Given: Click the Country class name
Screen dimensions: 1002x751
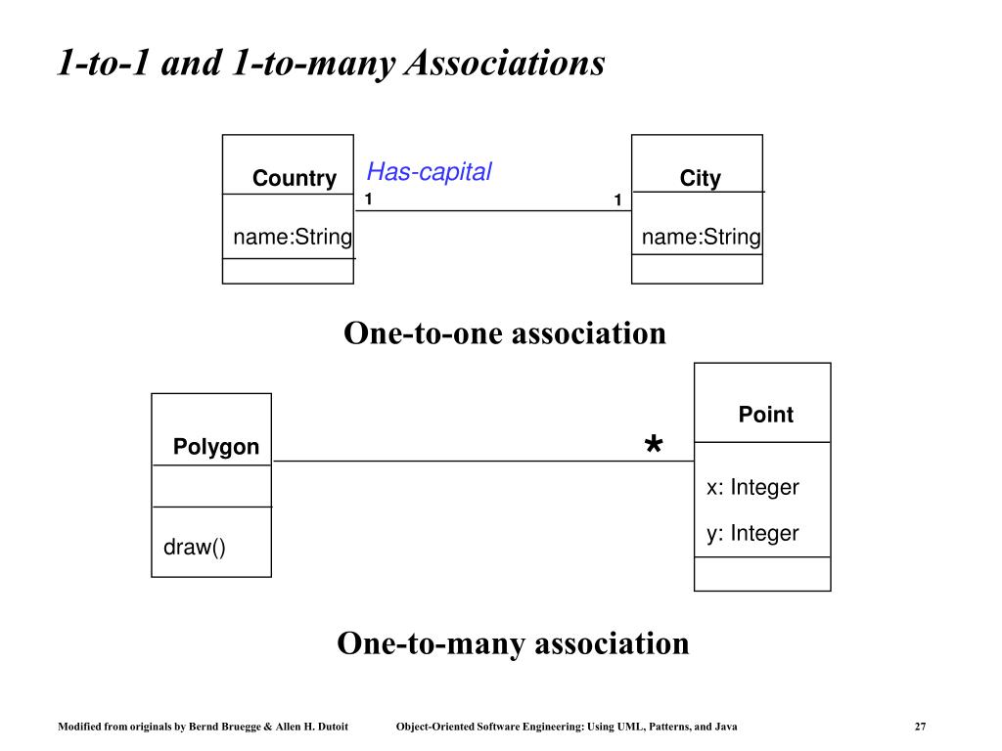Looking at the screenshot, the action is click(294, 178).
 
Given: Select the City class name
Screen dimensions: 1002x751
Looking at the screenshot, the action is click(700, 178).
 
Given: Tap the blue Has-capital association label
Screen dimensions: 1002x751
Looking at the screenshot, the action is click(429, 171).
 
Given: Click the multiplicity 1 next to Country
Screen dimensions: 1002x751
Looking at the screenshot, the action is click(368, 199).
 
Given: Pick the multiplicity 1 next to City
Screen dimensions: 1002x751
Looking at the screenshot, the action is click(617, 199).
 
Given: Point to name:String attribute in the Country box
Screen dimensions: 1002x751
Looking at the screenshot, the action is click(293, 237).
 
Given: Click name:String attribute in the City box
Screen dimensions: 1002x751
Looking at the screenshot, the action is click(701, 237).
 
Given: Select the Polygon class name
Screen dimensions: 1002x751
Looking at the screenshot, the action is click(216, 446).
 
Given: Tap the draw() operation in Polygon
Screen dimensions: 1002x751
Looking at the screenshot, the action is click(195, 548).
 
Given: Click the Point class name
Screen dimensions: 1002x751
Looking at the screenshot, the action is click(765, 415).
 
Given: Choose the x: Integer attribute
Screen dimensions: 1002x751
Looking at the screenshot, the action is click(752, 487).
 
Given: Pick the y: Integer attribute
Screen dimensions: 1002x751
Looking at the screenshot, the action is click(752, 533).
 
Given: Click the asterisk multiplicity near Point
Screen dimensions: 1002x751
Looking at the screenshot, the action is click(653, 443).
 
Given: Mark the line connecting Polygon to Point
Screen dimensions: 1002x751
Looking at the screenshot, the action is click(483, 462).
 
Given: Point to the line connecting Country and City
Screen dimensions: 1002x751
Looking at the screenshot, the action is click(493, 211).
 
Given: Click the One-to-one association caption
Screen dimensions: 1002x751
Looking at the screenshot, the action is click(505, 333).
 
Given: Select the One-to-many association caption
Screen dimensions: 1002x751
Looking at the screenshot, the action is click(513, 643).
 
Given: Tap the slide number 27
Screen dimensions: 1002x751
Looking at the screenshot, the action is click(920, 727).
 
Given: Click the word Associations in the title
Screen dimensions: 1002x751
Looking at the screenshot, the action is click(505, 64).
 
